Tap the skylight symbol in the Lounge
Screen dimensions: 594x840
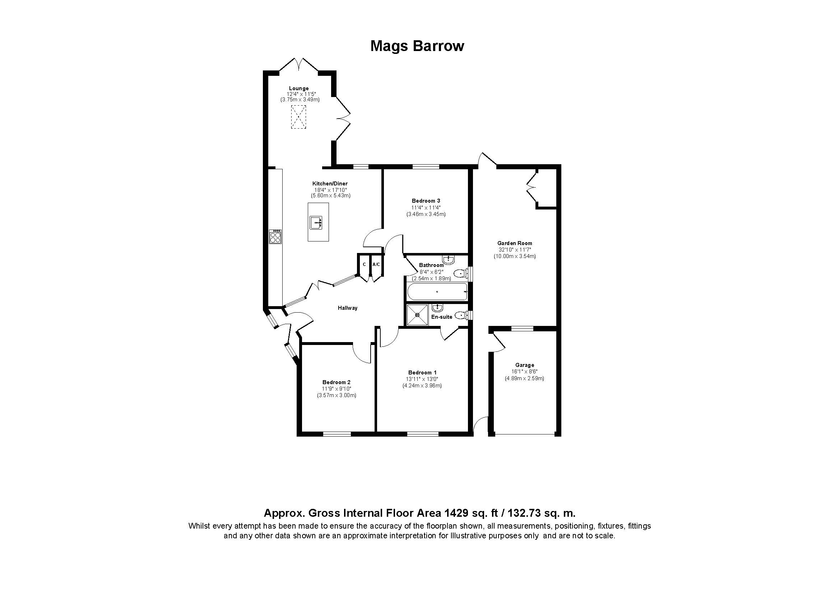pyautogui.click(x=298, y=117)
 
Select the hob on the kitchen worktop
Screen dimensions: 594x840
pyautogui.click(x=275, y=236)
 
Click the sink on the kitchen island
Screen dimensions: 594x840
pyautogui.click(x=316, y=222)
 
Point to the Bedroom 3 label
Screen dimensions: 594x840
pyautogui.click(x=426, y=201)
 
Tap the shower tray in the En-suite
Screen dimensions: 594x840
pyautogui.click(x=417, y=314)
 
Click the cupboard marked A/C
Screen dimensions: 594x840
pyautogui.click(x=376, y=264)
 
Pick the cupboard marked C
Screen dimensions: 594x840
pyautogui.click(x=364, y=264)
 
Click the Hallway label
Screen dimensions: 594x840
pyautogui.click(x=347, y=308)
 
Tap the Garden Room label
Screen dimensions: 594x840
pyautogui.click(x=514, y=243)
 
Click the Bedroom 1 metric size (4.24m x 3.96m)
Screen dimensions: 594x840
pyautogui.click(x=422, y=385)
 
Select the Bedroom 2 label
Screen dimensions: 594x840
pyautogui.click(x=336, y=382)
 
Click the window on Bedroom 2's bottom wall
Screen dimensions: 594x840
pyautogui.click(x=337, y=434)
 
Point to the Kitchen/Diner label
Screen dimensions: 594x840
pyautogui.click(x=330, y=184)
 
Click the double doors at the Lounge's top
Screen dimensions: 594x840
pyautogui.click(x=299, y=65)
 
